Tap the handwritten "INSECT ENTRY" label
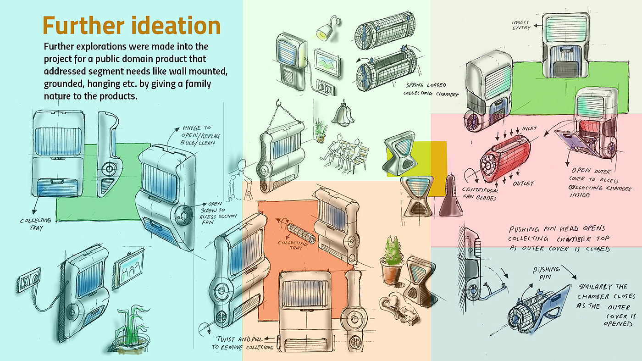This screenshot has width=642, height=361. [x=521, y=25]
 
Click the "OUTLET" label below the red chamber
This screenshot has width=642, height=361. [x=523, y=184]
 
